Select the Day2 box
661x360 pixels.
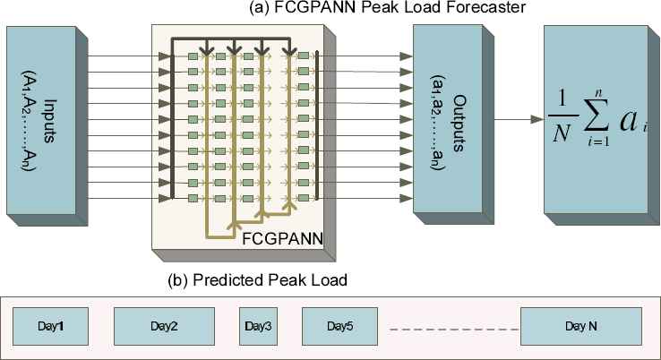click(x=164, y=324)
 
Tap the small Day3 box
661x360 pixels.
click(x=257, y=324)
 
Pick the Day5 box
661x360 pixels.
click(x=340, y=324)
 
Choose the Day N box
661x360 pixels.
click(x=580, y=324)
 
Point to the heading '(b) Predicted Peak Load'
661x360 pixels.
click(x=257, y=280)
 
